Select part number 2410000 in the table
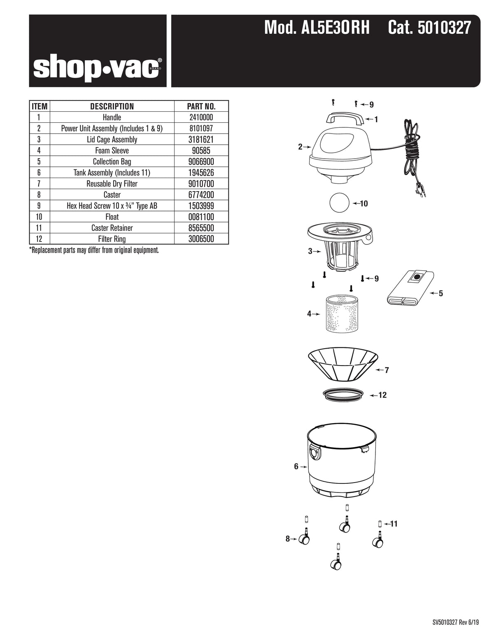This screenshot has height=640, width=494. [x=201, y=117]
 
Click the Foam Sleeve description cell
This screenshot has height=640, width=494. [x=112, y=150]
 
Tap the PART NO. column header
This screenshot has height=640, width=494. [x=201, y=106]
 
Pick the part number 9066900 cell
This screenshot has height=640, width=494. [x=201, y=162]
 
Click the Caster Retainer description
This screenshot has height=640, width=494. [x=112, y=228]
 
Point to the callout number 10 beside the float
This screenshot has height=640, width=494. [x=364, y=204]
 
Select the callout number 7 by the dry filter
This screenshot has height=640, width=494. [x=387, y=370]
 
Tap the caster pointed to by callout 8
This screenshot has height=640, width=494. [x=304, y=537]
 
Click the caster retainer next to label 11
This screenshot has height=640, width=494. [x=379, y=524]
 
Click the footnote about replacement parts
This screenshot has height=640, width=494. [x=94, y=250]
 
